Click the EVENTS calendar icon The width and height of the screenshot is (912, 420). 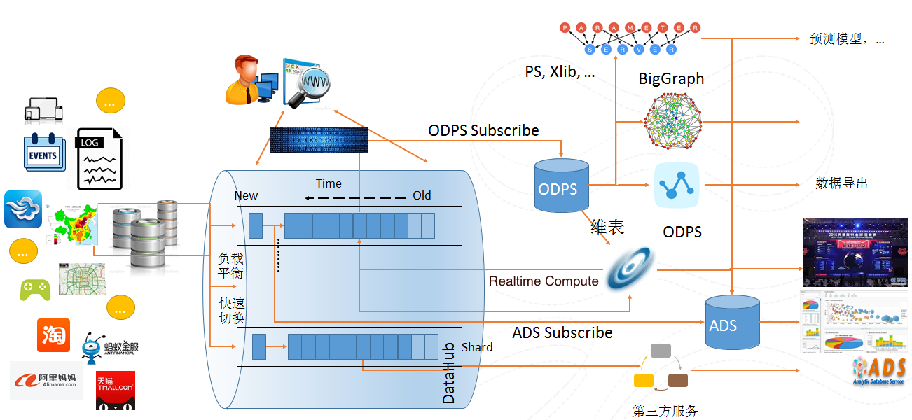(x=44, y=152)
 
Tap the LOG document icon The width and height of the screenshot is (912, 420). (x=99, y=159)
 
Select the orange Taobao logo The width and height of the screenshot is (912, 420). (x=53, y=335)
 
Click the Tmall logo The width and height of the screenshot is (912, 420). (x=116, y=390)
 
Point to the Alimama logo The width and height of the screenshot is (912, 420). (x=46, y=380)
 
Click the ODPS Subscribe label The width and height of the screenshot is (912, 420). (x=483, y=131)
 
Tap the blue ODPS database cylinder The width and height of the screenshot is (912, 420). (x=558, y=185)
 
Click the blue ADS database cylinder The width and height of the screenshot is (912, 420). (x=732, y=323)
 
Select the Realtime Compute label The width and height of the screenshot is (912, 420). (x=544, y=281)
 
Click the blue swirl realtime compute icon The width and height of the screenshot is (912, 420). (x=630, y=269)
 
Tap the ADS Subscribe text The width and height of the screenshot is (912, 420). (x=562, y=332)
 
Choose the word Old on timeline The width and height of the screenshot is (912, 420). (x=422, y=195)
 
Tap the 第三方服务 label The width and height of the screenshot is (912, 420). (x=665, y=411)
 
